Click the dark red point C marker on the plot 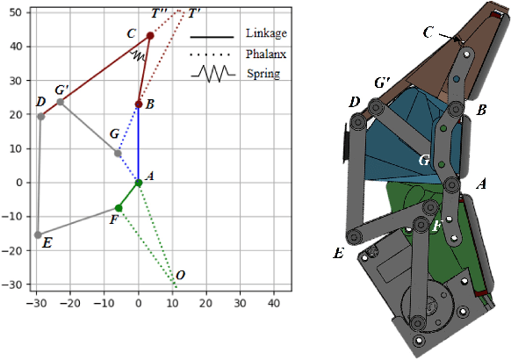coord(150,36)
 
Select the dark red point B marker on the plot coord(139,104)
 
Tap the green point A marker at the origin coord(139,183)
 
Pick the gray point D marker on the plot coord(41,117)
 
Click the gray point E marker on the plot coord(38,234)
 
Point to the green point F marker coord(119,208)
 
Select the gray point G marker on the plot coord(118,154)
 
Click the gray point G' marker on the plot coord(60,102)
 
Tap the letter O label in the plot coord(180,276)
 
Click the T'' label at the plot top coord(161,14)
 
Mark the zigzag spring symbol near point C coord(139,55)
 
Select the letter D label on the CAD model coord(354,103)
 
